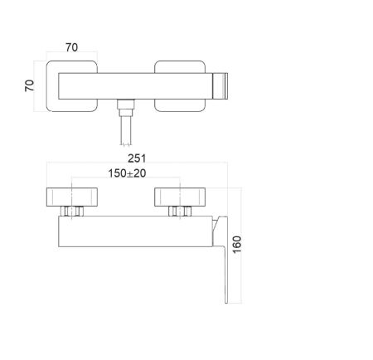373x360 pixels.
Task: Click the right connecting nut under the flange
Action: pos(177,213)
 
